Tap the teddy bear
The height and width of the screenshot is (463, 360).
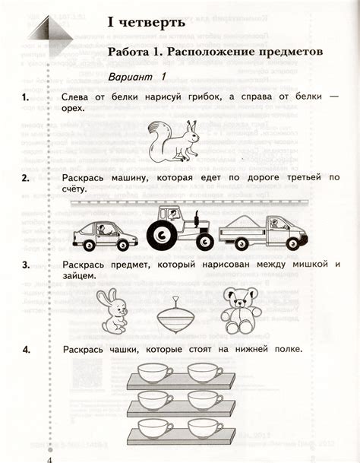coord(241,309)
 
